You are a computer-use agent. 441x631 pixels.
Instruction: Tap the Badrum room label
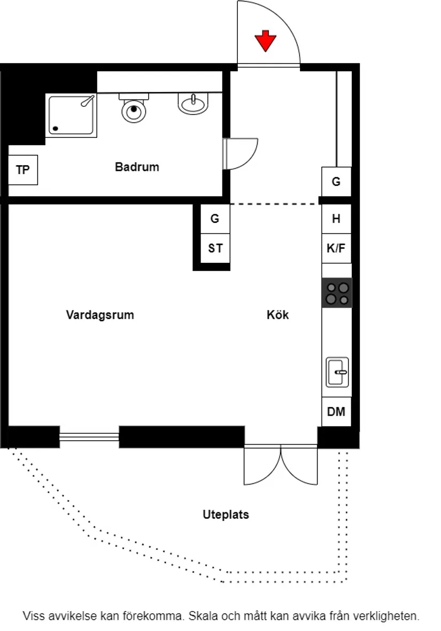coord(137,167)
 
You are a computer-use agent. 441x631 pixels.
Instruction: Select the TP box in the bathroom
coord(23,170)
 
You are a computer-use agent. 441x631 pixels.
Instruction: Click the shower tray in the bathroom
coord(71,115)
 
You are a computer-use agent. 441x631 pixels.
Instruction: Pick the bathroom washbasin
coord(193,104)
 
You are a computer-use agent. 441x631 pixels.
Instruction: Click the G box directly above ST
coord(215,219)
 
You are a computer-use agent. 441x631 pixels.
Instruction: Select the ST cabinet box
coord(215,249)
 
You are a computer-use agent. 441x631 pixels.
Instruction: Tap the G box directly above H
coord(336,182)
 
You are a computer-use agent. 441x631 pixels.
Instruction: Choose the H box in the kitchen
coord(336,219)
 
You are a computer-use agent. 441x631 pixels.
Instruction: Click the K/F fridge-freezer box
coord(336,248)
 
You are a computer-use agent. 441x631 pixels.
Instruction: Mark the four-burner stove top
coord(337,293)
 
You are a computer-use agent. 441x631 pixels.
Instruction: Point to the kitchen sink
coord(337,372)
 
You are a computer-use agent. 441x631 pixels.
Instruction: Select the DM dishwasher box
coord(336,412)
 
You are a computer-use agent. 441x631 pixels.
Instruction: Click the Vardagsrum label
coord(100,315)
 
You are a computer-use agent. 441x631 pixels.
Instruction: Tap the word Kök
coord(278,315)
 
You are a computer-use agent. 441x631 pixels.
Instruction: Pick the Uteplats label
coord(226,515)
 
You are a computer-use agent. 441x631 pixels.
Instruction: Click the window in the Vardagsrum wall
coord(89,437)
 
